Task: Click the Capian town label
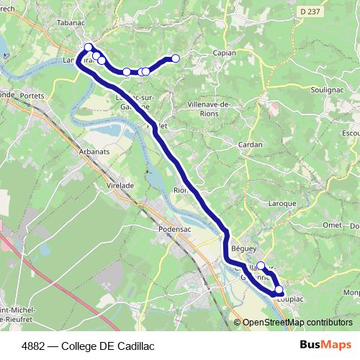[x=225, y=53]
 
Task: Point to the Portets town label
[x=33, y=96]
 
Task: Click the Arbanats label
[x=94, y=152]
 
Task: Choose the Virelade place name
[x=120, y=185]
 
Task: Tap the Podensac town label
[x=172, y=230]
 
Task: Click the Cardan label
[x=250, y=145]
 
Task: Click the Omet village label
[x=332, y=225]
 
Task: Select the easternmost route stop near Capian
[x=175, y=58]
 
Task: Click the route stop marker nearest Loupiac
[x=279, y=289]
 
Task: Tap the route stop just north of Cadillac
[x=261, y=266]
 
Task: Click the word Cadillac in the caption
[x=134, y=346]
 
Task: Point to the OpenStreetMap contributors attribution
[x=297, y=322]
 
